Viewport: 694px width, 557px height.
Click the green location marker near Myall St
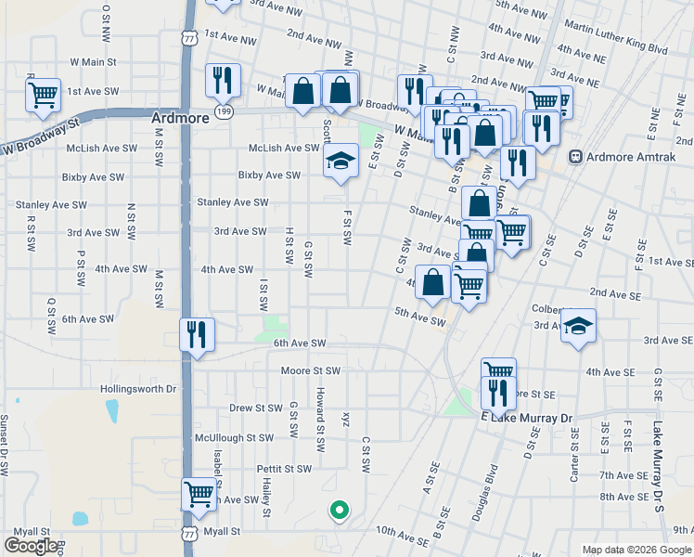[340, 509]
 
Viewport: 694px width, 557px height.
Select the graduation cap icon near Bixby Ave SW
[341, 162]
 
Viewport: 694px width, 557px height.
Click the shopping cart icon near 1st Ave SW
[43, 95]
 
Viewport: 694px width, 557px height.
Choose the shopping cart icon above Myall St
[199, 494]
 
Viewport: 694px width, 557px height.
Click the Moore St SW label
[312, 371]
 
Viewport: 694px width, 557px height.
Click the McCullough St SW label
[234, 437]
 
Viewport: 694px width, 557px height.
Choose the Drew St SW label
[256, 408]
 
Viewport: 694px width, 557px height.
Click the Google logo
[31, 546]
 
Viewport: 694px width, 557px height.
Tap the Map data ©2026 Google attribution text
[636, 550]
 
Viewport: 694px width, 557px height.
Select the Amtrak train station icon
[575, 157]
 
